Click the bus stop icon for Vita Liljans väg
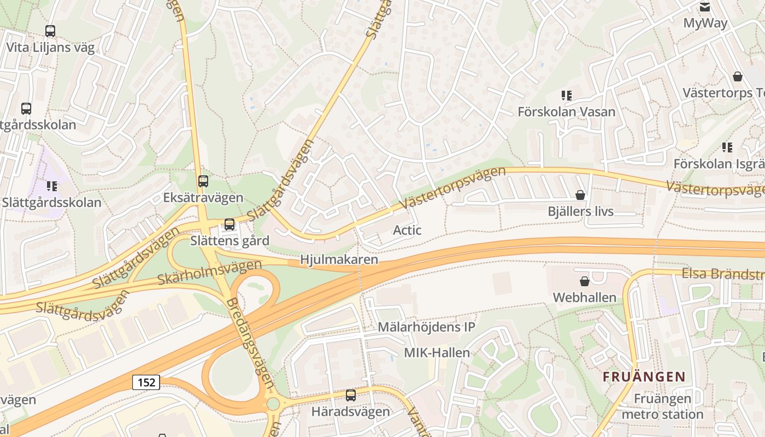[50, 31]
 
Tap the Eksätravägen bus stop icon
[203, 181]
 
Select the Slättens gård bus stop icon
[229, 224]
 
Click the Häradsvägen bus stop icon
[351, 395]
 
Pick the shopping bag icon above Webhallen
[585, 281]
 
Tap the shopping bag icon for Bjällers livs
[580, 195]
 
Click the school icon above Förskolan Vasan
[567, 96]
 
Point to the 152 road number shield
[146, 382]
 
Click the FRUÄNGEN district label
[644, 376]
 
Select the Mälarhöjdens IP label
[426, 327]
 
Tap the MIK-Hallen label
[437, 353]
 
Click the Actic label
[407, 230]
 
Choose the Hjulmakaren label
[339, 259]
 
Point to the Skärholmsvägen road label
[209, 272]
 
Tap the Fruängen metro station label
[662, 406]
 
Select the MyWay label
[705, 23]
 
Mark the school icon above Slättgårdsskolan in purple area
[52, 186]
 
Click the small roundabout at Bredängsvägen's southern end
[273, 404]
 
